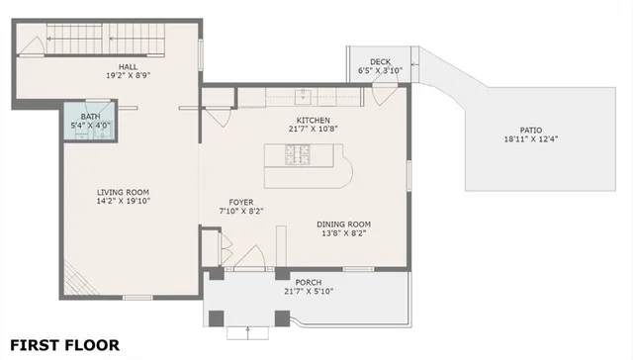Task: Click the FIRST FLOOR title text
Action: point(65,345)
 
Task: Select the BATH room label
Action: point(90,117)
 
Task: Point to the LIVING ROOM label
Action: point(123,192)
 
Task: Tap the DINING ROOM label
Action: point(344,224)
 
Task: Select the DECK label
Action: point(380,62)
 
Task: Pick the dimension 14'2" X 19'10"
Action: point(123,202)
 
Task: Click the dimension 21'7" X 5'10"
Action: point(309,292)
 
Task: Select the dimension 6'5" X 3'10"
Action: point(381,71)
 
